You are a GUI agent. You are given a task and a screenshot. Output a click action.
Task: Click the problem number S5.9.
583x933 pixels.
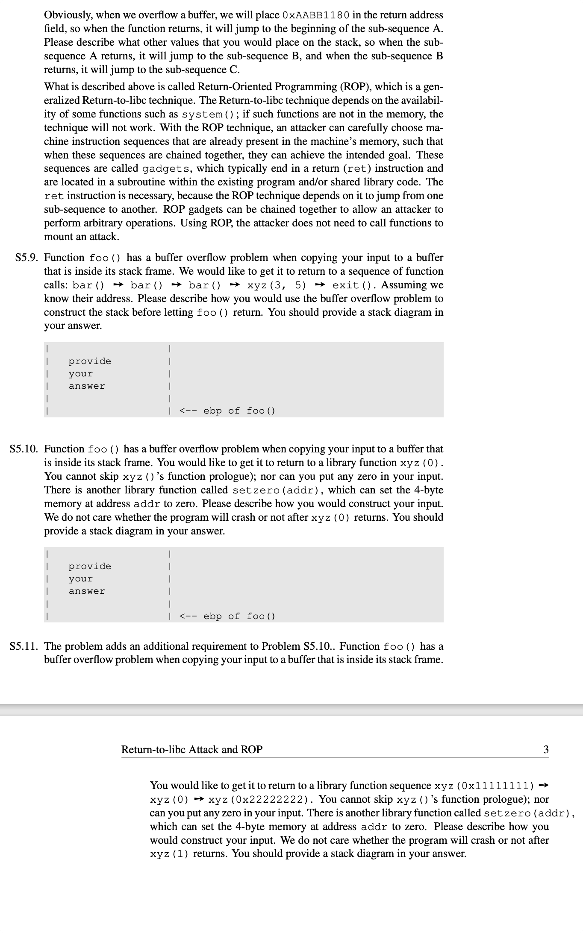pos(26,258)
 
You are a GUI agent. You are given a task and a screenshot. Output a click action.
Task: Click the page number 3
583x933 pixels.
pos(546,749)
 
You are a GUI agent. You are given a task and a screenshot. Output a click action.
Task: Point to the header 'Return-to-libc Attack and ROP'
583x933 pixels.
pos(192,749)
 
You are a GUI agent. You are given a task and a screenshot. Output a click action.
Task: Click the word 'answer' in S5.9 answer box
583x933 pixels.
pos(87,386)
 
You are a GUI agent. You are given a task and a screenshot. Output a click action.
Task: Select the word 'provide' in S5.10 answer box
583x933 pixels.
pos(90,566)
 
